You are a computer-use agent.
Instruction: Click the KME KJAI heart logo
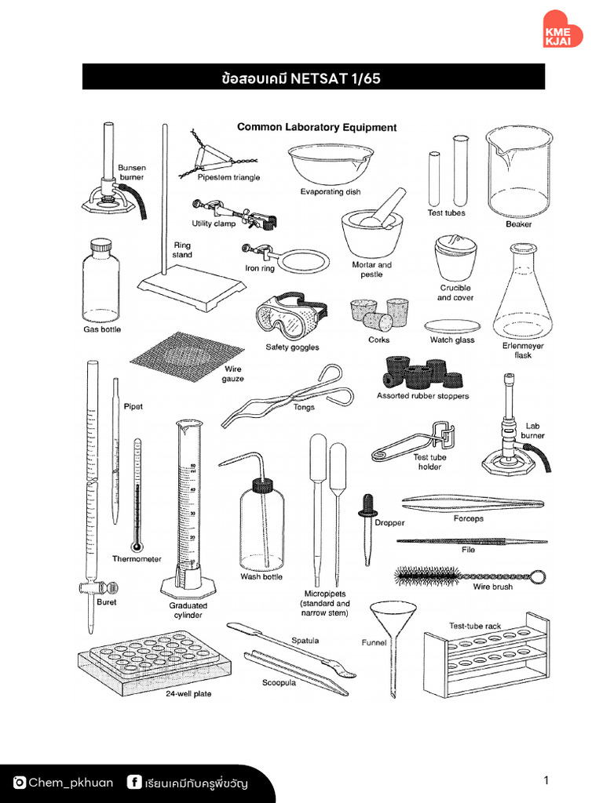563,29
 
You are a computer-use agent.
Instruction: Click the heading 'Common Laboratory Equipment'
316,127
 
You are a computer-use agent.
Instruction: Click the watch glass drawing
451,326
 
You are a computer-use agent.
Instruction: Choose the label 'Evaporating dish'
331,192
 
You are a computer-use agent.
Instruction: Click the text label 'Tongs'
304,407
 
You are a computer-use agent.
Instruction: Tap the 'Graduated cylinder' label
188,610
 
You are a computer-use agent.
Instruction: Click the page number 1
545,780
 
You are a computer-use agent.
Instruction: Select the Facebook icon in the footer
134,783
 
